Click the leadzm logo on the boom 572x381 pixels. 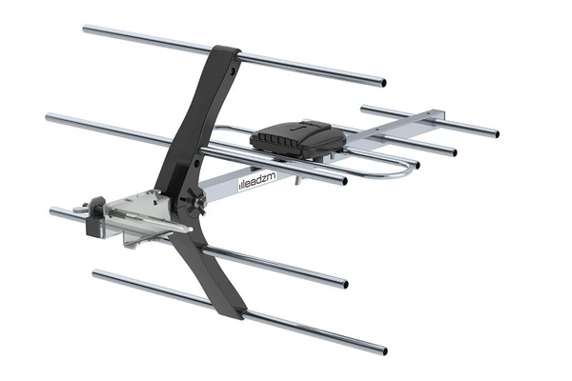pyautogui.click(x=257, y=181)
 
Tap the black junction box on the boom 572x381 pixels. pyautogui.click(x=297, y=139)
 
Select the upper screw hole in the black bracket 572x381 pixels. pyautogui.click(x=232, y=70)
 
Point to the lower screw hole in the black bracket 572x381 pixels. pyautogui.click(x=196, y=162)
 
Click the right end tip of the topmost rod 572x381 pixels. pyautogui.click(x=383, y=83)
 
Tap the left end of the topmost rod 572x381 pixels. pyautogui.click(x=86, y=29)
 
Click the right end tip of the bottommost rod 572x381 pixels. pyautogui.click(x=384, y=351)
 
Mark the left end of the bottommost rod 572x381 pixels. pyautogui.click(x=95, y=273)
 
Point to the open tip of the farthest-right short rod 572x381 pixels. pyautogui.click(x=497, y=134)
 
